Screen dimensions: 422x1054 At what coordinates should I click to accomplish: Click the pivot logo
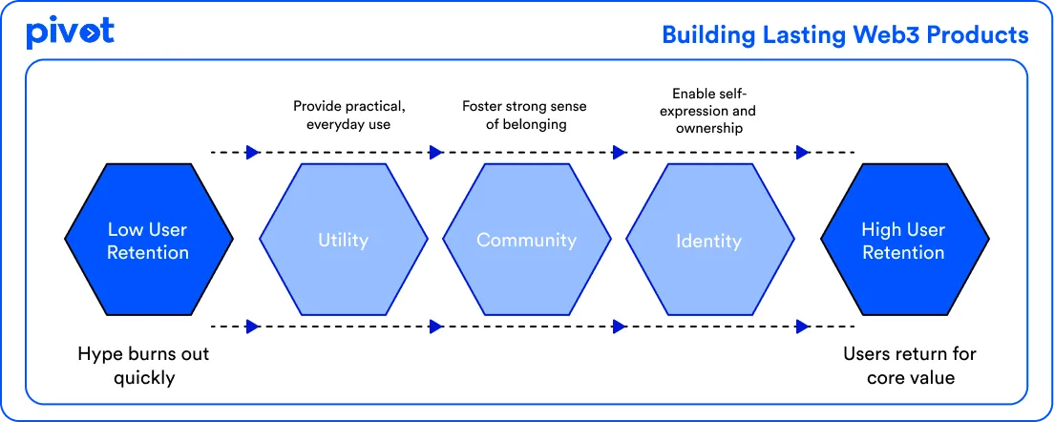(x=70, y=32)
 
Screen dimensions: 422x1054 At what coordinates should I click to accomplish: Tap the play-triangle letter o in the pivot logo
(x=88, y=33)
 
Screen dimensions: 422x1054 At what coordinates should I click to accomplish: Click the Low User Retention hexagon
(x=148, y=241)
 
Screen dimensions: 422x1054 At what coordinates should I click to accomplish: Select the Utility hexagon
(x=343, y=241)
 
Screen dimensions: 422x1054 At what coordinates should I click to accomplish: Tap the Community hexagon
(x=526, y=241)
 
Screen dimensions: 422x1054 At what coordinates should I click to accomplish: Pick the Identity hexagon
(x=709, y=241)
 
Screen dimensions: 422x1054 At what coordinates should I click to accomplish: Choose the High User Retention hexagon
(x=903, y=241)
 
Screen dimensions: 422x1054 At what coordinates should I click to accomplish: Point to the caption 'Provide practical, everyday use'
(x=343, y=116)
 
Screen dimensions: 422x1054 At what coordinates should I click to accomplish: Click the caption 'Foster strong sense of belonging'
(x=526, y=116)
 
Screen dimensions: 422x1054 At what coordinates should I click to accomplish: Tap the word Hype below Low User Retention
(x=100, y=354)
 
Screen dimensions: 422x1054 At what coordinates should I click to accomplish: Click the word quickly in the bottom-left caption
(x=144, y=378)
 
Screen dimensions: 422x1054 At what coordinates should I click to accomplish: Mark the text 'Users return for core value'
(x=909, y=366)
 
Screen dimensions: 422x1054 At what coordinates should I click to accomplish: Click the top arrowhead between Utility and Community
(x=436, y=152)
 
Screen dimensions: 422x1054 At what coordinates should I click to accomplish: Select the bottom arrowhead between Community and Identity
(x=620, y=327)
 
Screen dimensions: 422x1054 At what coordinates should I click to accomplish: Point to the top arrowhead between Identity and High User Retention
(x=803, y=152)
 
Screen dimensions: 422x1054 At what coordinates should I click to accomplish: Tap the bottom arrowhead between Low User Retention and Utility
(x=252, y=327)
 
